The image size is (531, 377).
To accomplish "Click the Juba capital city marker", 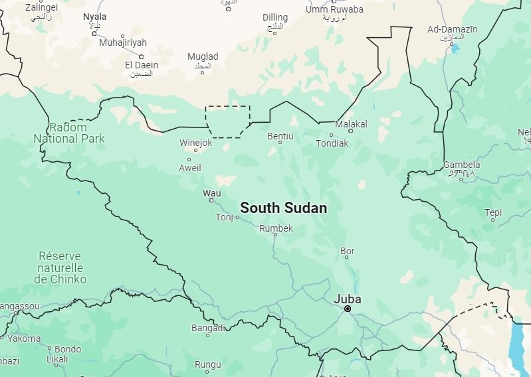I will [x=348, y=309].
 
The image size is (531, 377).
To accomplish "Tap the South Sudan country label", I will [x=283, y=208].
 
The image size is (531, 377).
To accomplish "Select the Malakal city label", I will [x=351, y=124].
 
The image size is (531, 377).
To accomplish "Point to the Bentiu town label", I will [x=280, y=136].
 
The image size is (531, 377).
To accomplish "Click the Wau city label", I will [x=211, y=192].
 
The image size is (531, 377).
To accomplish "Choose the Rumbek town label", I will [x=276, y=228].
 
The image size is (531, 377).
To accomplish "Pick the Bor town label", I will [x=348, y=251].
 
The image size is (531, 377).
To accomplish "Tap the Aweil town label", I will [x=190, y=168].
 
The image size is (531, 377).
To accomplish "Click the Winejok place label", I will [x=196, y=143].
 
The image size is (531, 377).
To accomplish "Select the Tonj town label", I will [x=225, y=217].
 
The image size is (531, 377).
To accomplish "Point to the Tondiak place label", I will [x=332, y=143].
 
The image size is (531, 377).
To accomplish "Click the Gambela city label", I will [x=462, y=165].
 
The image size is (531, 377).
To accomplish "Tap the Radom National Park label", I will [x=69, y=133].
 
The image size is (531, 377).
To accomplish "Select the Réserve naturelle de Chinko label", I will [x=60, y=267].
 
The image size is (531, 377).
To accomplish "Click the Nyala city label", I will [x=95, y=16].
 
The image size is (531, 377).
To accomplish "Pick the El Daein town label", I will [x=142, y=65].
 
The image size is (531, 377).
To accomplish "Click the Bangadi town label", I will [x=209, y=328].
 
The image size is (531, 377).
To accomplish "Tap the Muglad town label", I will [x=203, y=57].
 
